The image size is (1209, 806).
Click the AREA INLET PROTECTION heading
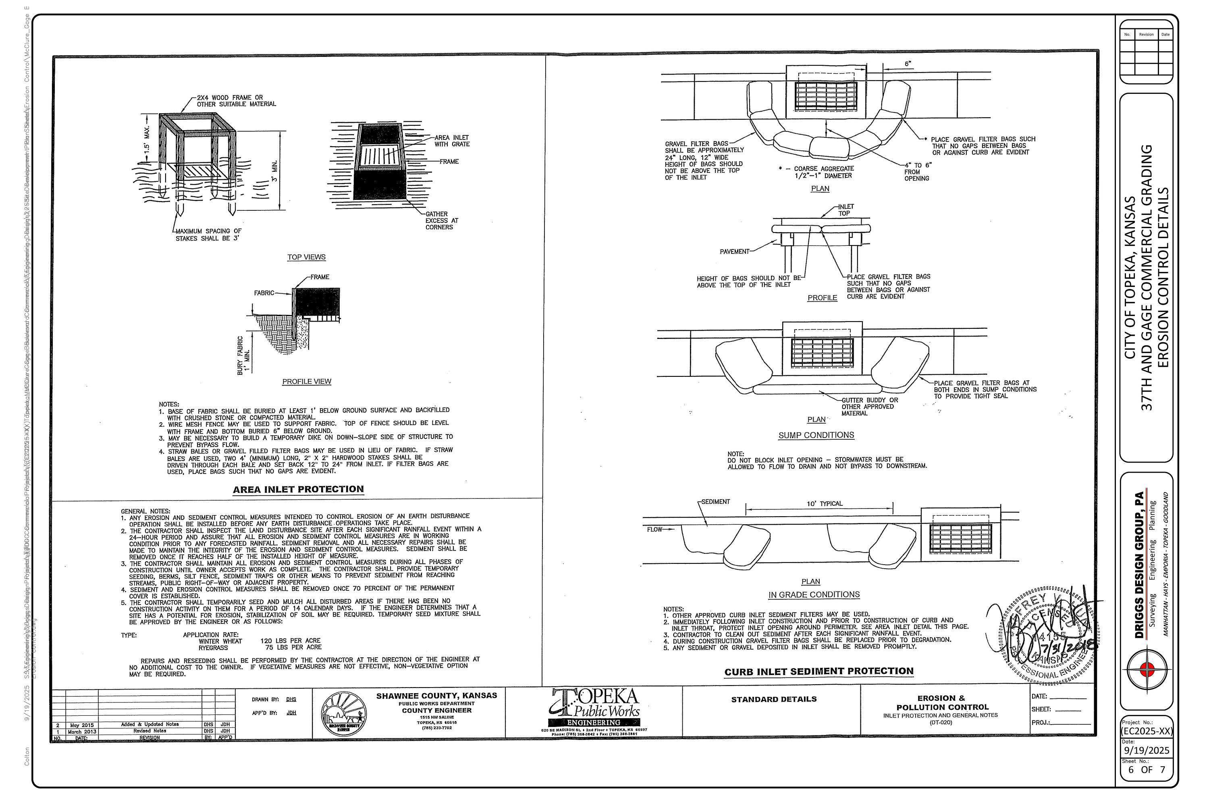click(x=298, y=489)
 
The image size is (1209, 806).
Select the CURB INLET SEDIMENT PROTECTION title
click(x=819, y=671)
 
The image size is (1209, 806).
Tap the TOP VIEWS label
click(x=306, y=257)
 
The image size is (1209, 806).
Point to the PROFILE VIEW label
click(x=307, y=381)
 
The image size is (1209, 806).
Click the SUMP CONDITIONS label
click(x=816, y=435)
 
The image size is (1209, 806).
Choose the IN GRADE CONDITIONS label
click(x=814, y=595)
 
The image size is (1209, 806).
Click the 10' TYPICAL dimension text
click(x=825, y=504)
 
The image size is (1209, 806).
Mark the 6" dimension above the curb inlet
click(x=908, y=64)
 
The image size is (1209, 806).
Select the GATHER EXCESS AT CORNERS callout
click(x=441, y=220)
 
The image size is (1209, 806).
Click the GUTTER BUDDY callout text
click(x=869, y=407)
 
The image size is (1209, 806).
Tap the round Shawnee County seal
click(x=344, y=715)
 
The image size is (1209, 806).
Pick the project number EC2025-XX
click(x=1147, y=731)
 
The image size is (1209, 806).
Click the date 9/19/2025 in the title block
click(x=1147, y=750)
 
